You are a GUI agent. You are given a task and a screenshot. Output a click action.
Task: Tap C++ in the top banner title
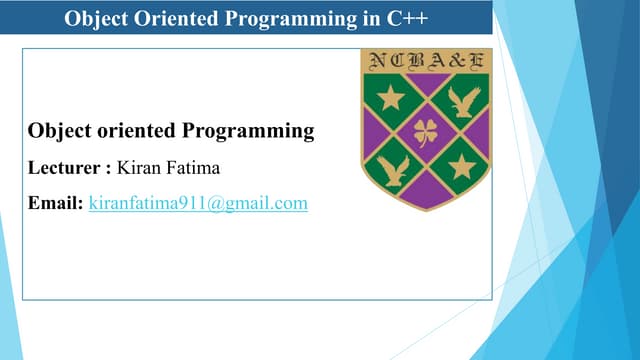pyautogui.click(x=408, y=17)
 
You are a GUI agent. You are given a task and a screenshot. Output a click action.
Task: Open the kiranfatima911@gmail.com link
pyautogui.click(x=198, y=203)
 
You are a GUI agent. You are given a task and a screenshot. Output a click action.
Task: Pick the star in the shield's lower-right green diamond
pyautogui.click(x=461, y=166)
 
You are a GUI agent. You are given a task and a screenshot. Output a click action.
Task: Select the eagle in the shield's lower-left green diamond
pyautogui.click(x=393, y=167)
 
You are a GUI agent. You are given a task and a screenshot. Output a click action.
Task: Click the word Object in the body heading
pyautogui.click(x=57, y=131)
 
